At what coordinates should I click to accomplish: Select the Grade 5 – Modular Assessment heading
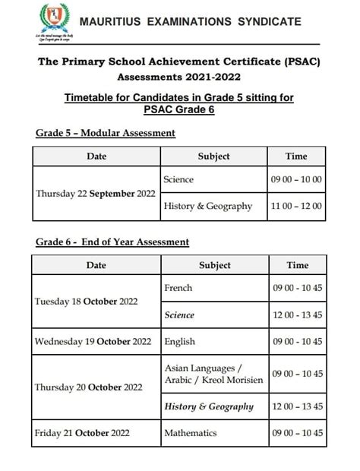coord(106,133)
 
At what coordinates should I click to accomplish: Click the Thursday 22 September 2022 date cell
coord(96,193)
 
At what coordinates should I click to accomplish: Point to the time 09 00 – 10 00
coord(297,180)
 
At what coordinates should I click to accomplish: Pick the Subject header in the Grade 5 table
coord(213,156)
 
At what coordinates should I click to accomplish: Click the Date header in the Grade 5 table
coord(96,156)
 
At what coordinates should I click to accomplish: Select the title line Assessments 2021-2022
coord(179,77)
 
